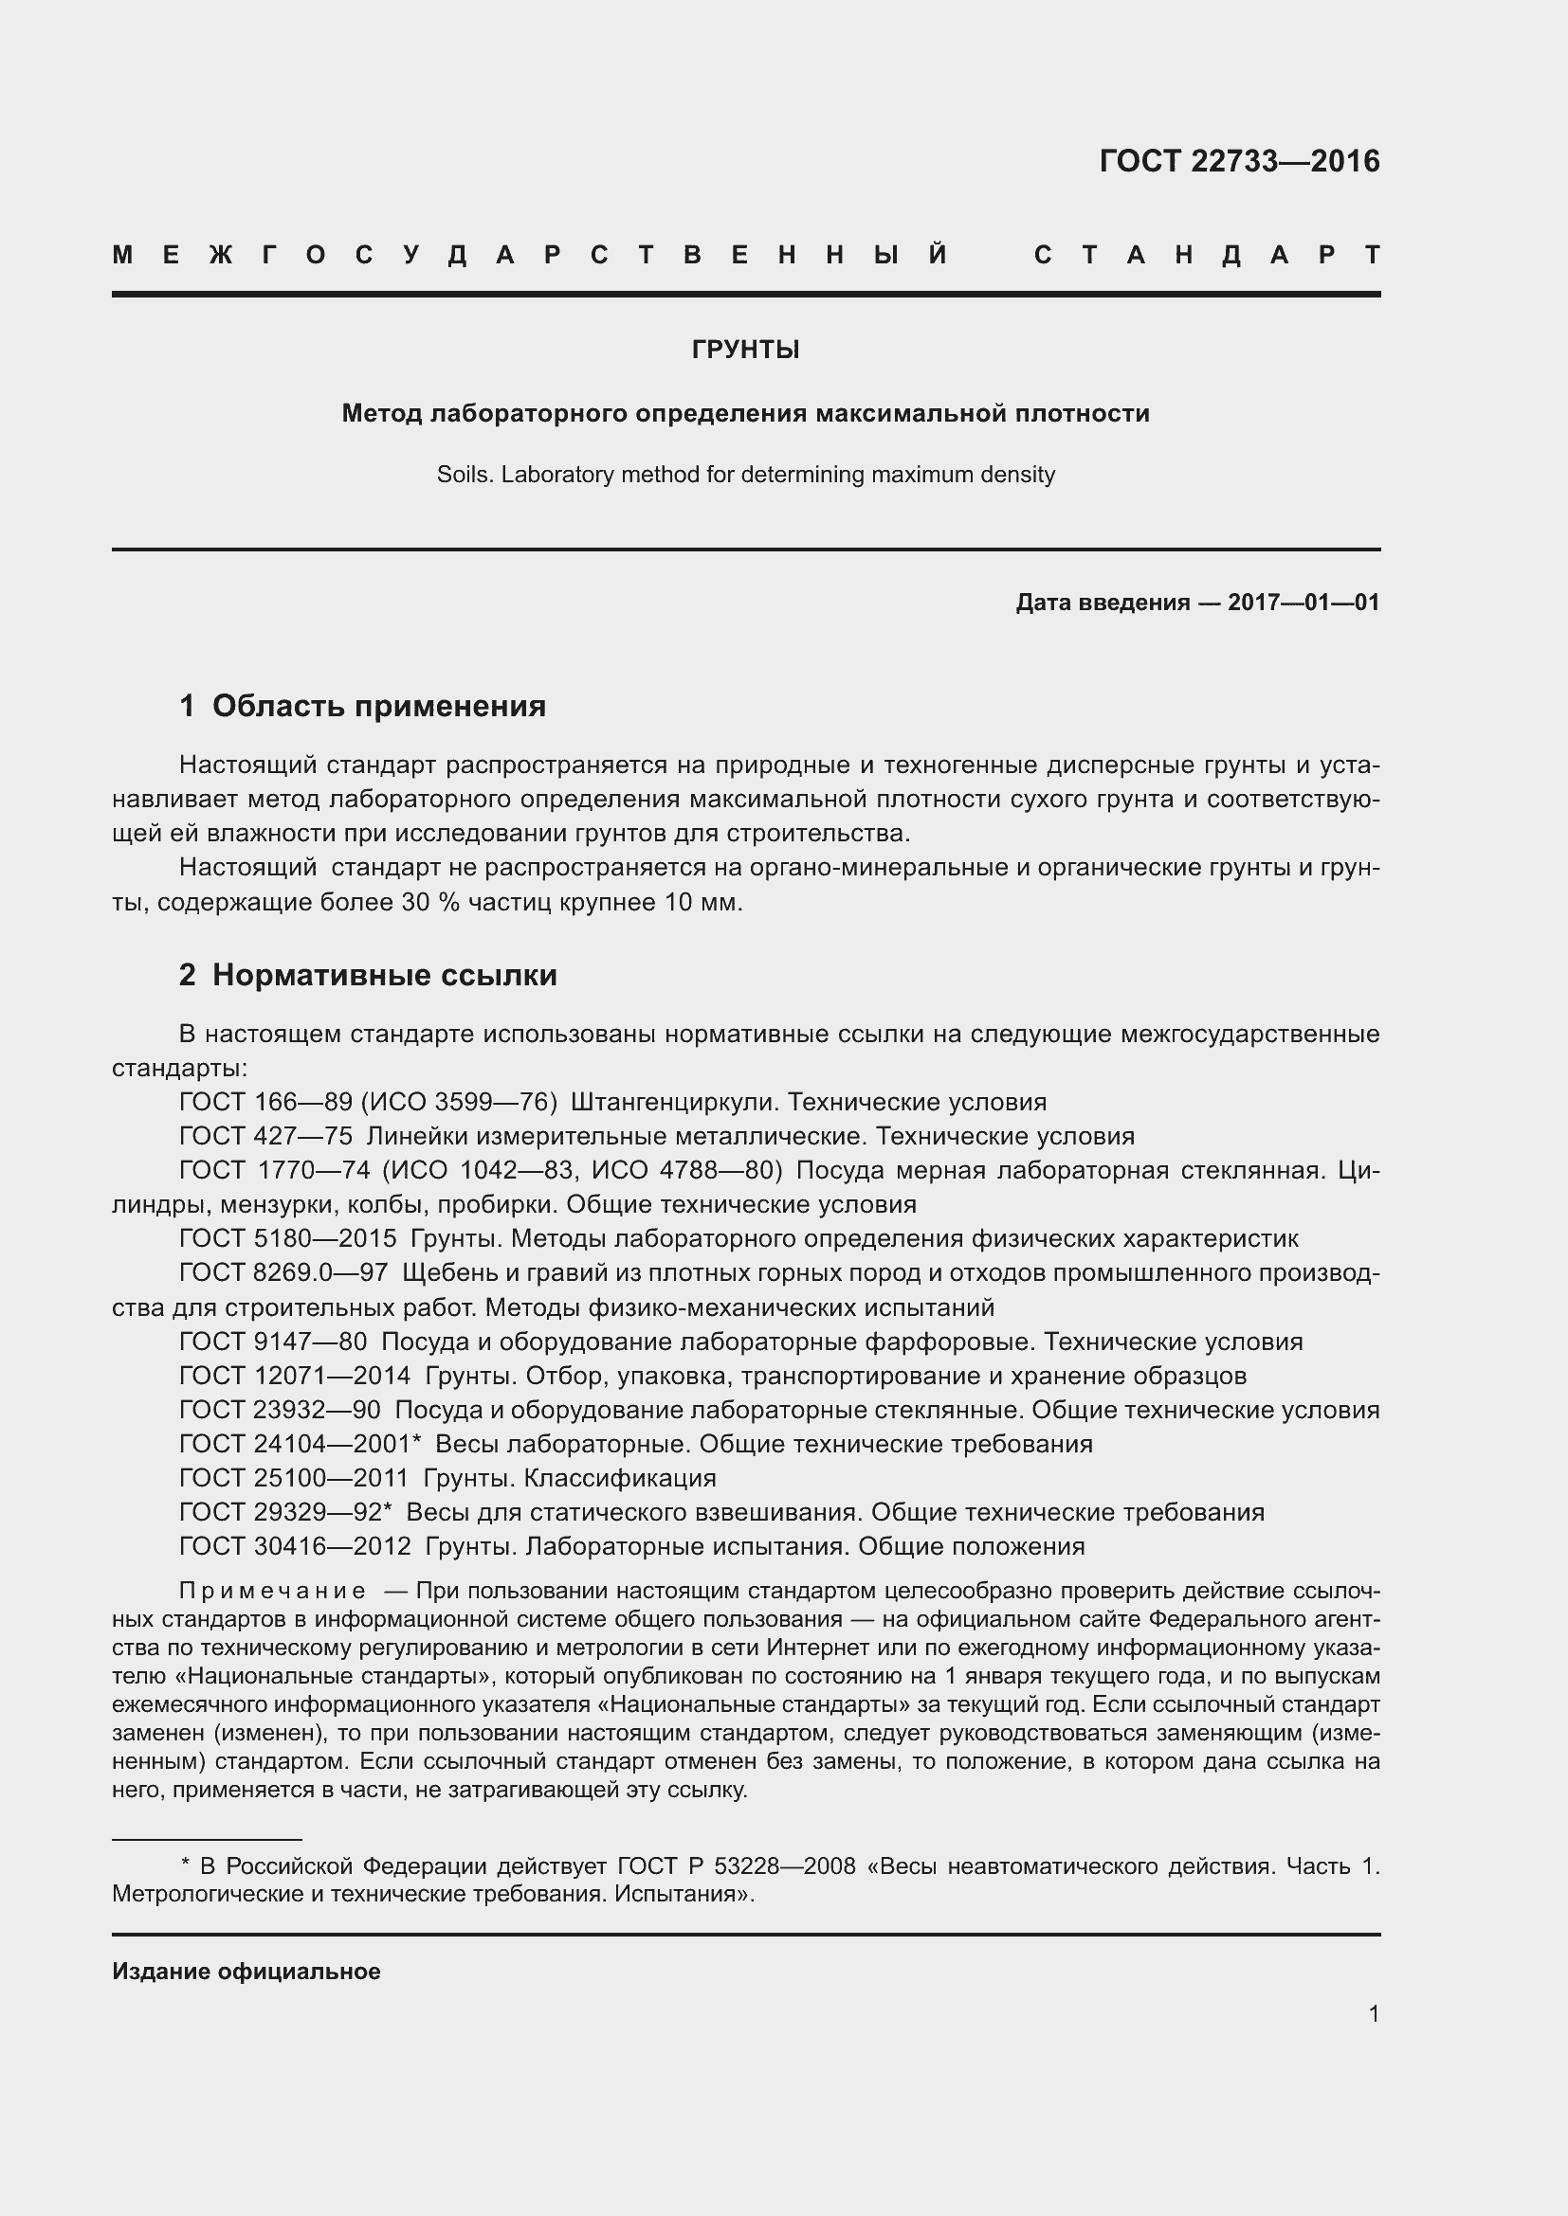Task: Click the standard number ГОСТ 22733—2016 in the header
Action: click(x=1239, y=161)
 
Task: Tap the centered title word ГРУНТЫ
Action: click(x=745, y=350)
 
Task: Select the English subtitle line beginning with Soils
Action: click(x=745, y=475)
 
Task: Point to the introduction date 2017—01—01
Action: click(x=1304, y=604)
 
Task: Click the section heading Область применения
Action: click(x=378, y=706)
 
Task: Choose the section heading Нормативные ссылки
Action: click(x=384, y=975)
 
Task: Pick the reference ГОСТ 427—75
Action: click(x=265, y=1136)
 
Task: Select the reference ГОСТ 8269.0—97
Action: click(x=283, y=1273)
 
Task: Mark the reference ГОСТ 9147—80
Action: click(x=273, y=1342)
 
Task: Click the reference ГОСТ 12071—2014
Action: click(x=295, y=1376)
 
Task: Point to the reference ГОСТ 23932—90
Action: click(x=280, y=1410)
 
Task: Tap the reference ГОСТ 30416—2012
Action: click(x=295, y=1546)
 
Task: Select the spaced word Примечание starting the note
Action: click(x=272, y=1591)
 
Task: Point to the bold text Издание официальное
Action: click(x=246, y=1972)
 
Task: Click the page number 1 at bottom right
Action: click(x=1373, y=2014)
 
